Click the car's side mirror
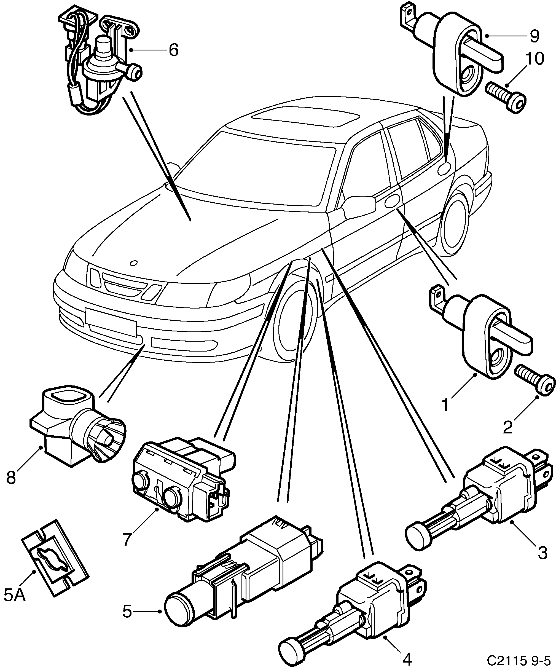[359, 206]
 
